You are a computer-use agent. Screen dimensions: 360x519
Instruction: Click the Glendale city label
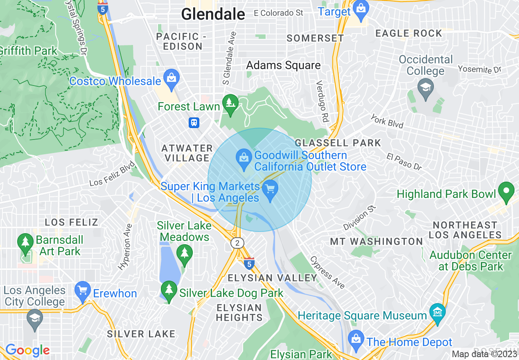[x=213, y=14]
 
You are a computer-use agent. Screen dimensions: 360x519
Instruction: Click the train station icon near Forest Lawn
[x=194, y=122]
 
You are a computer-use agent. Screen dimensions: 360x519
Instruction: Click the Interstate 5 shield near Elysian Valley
[x=249, y=263]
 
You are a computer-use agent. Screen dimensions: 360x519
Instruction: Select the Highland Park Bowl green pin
[x=506, y=191]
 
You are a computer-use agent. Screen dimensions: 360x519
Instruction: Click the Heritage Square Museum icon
[x=438, y=312]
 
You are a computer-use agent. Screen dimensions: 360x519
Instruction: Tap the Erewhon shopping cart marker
[x=83, y=290]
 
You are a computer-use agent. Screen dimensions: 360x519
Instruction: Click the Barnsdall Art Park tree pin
[x=25, y=242]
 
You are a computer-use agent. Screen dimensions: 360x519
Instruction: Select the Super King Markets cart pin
[x=270, y=189]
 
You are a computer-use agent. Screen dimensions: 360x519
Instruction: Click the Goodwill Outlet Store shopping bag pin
[x=244, y=158]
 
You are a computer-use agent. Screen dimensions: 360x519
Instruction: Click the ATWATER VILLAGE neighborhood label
[x=187, y=153]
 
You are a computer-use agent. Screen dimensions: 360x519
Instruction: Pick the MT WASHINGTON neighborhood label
[x=376, y=241]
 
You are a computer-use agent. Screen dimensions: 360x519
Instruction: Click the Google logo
[x=27, y=350]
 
